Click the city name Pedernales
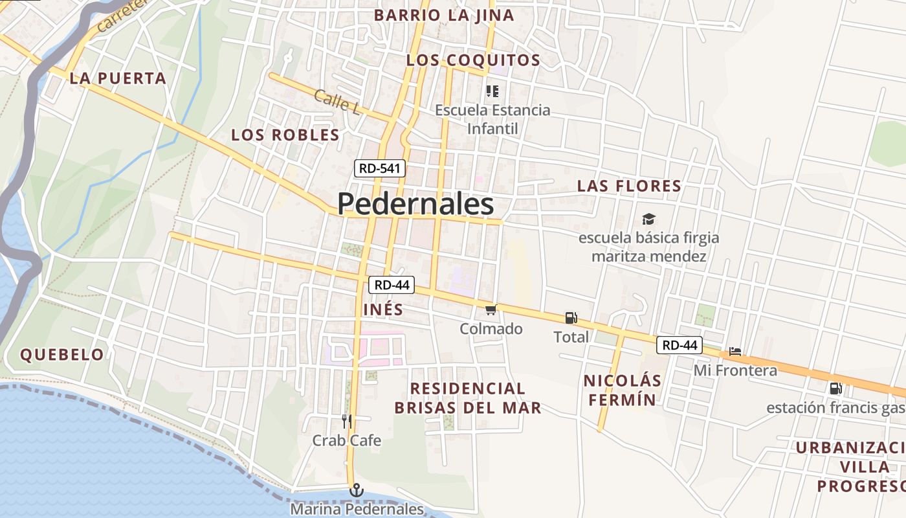click(x=415, y=205)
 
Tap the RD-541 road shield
click(x=381, y=169)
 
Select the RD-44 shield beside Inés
click(x=392, y=285)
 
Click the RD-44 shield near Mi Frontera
click(x=679, y=345)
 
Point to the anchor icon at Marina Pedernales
click(x=356, y=491)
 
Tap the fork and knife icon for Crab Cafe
click(x=347, y=422)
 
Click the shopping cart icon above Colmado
click(x=491, y=310)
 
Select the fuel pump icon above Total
click(x=571, y=318)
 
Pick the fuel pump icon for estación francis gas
click(x=835, y=388)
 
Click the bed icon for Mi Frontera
click(x=735, y=352)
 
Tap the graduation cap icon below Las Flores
click(x=648, y=220)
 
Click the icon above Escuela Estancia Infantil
click(x=492, y=91)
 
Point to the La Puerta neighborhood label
click(x=118, y=79)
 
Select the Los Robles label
click(x=285, y=135)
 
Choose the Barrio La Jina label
click(x=444, y=16)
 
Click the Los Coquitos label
click(x=473, y=61)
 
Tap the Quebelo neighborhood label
click(x=62, y=355)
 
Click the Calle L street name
click(x=337, y=102)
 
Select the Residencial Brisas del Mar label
click(x=468, y=398)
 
